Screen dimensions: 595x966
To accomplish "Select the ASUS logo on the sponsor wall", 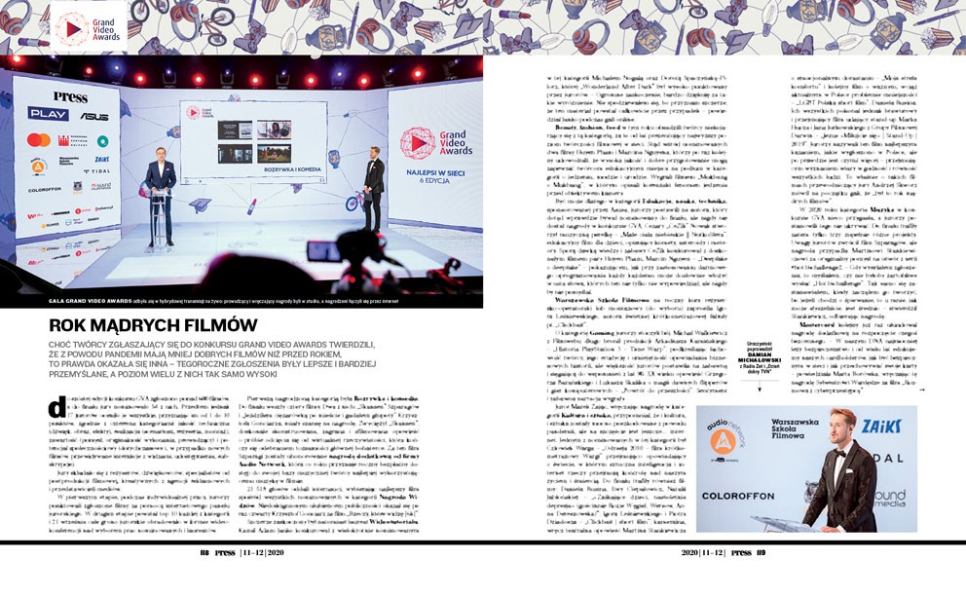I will coord(94,116).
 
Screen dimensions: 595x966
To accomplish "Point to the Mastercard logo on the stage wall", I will coord(38,140).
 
